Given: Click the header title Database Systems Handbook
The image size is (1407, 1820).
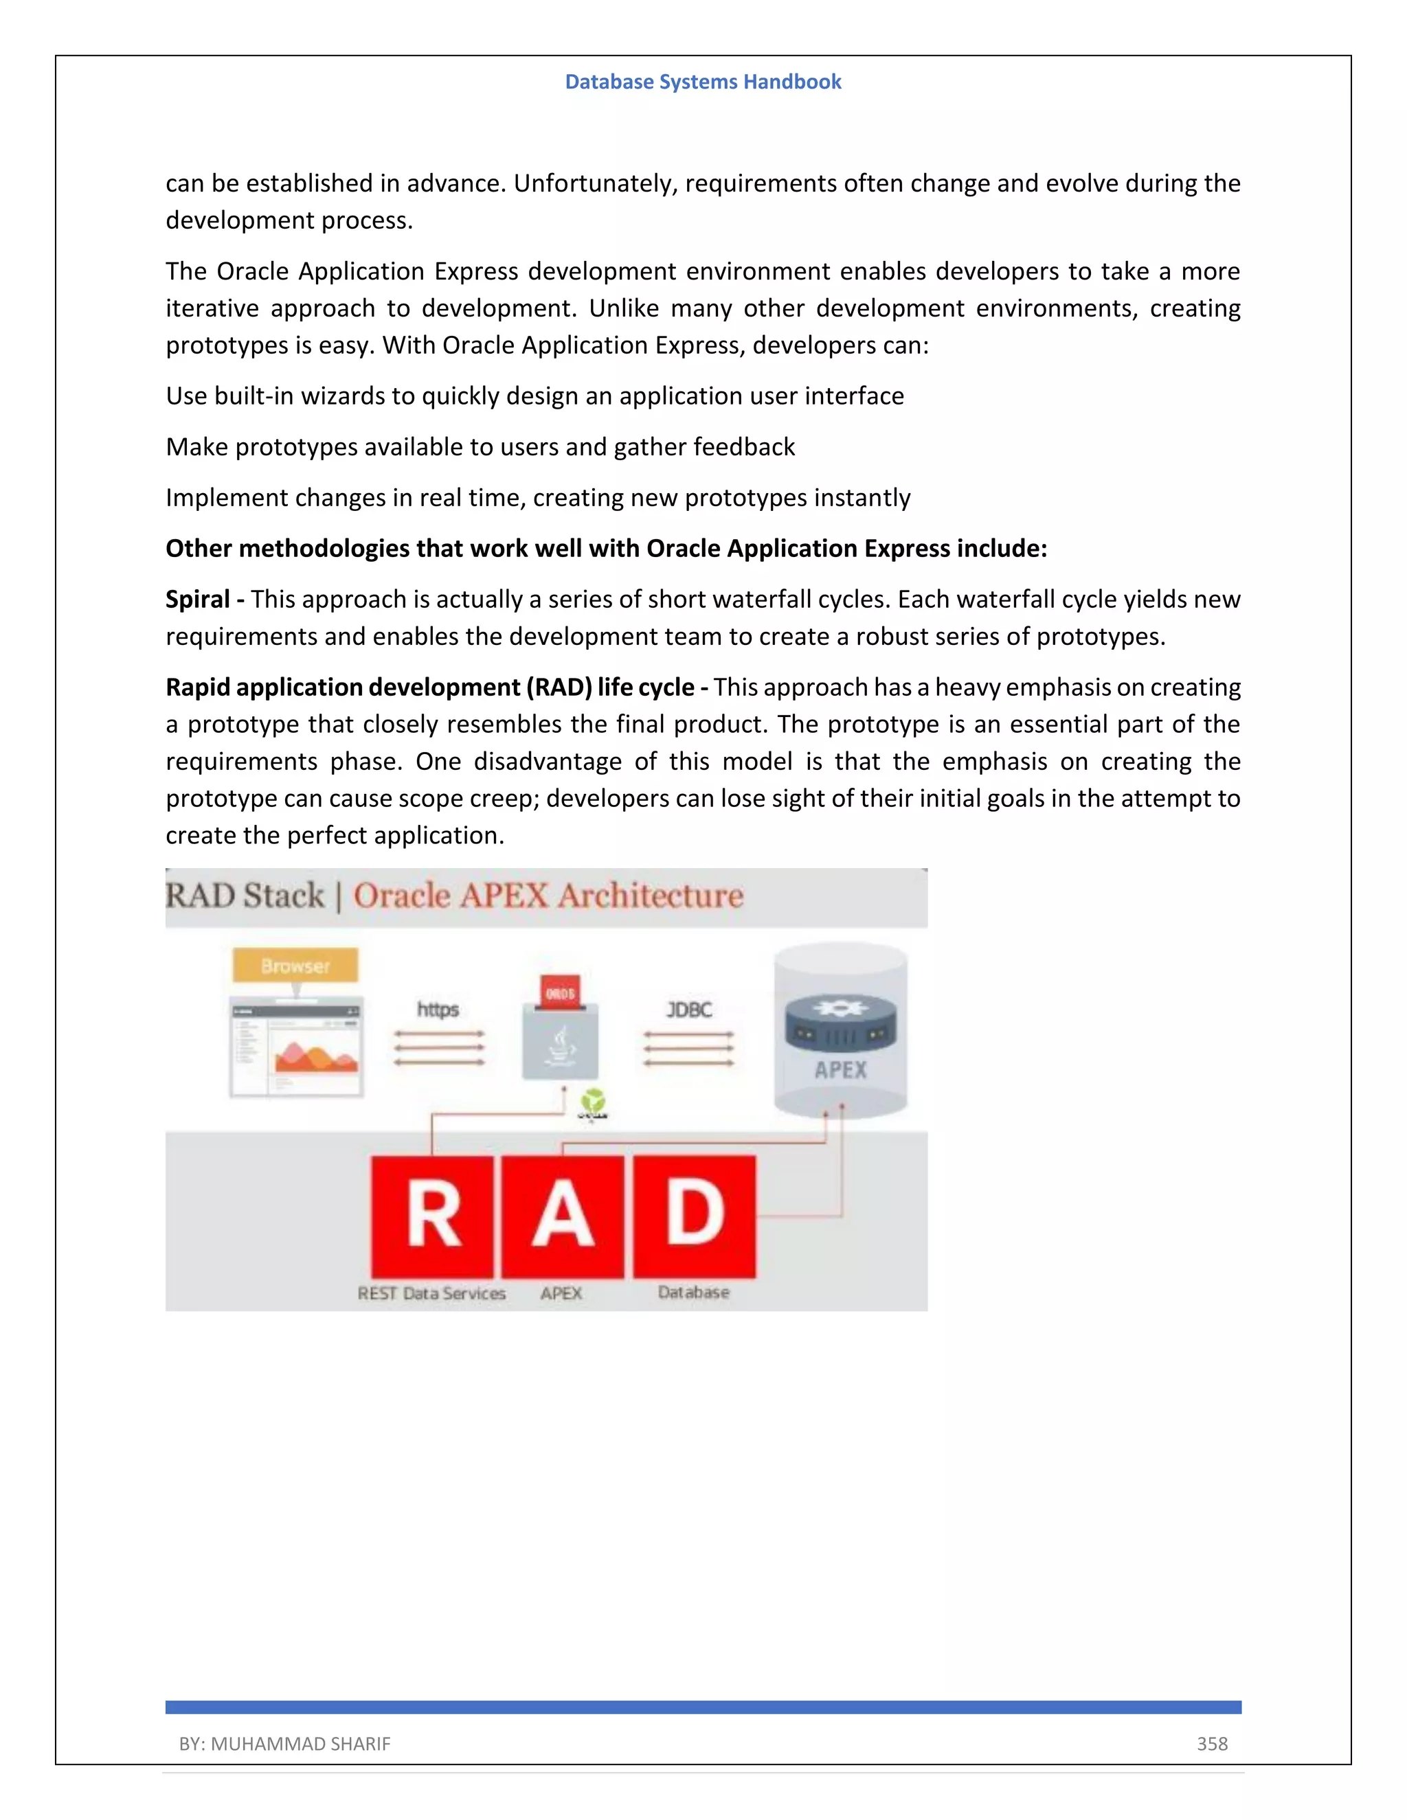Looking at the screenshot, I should [703, 82].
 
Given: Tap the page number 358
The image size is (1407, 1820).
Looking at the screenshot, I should [1212, 1743].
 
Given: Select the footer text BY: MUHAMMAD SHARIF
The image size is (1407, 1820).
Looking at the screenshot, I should [284, 1743].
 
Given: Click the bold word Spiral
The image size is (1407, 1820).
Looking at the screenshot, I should [198, 599].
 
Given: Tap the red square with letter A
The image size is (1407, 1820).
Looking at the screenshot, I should [563, 1217].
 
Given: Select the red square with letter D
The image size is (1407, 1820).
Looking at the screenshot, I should [695, 1217].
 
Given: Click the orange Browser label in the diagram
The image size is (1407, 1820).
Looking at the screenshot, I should [295, 966].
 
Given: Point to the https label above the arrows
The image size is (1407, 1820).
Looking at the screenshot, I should [438, 1009].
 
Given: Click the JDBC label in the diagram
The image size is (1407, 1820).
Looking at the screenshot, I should [688, 1009].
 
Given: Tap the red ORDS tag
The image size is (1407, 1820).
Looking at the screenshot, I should [560, 993].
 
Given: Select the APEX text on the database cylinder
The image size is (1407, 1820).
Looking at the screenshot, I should [840, 1070].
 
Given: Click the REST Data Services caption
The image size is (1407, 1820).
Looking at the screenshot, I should [431, 1293].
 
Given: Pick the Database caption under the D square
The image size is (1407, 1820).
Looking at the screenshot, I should [693, 1293].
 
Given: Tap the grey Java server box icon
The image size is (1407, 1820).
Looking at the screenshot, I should [560, 1045].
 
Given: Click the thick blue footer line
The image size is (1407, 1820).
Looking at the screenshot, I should [703, 1707].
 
